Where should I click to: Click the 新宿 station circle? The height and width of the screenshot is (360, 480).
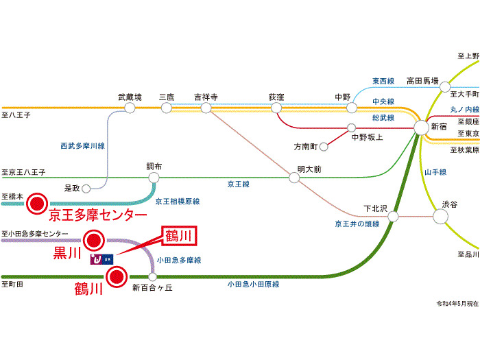pos(421,128)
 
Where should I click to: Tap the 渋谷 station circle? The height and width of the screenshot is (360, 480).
pos(440,216)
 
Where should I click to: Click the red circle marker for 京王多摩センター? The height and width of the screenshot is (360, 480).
pos(36,202)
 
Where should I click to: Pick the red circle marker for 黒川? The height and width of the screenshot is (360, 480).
pos(93,240)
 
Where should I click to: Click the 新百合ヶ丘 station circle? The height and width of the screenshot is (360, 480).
pos(152,277)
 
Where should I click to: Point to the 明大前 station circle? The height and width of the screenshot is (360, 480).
pos(294,178)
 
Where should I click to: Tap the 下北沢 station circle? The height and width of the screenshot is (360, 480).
pos(393,217)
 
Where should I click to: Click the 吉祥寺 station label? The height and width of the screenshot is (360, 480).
pos(206,97)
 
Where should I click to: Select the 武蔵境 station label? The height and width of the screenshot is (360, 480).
pos(130,97)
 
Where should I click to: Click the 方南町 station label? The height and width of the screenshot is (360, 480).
pos(306,147)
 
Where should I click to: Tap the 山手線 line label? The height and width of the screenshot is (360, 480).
pos(435,172)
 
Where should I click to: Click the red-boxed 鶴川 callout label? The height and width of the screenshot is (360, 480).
pos(182,237)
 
